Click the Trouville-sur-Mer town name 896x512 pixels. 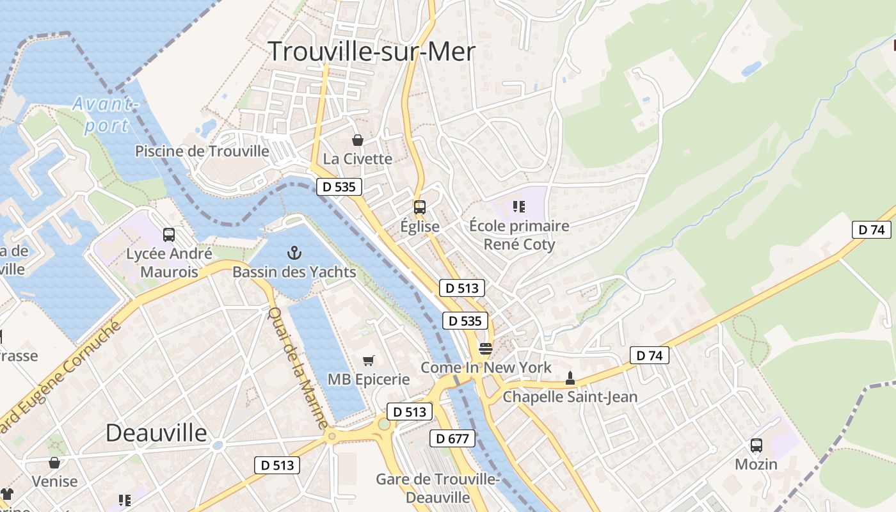(x=371, y=51)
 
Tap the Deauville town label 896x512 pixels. (x=156, y=433)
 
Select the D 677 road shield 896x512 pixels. (x=452, y=438)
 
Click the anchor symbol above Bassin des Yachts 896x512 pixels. (x=294, y=253)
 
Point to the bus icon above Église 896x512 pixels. (x=420, y=207)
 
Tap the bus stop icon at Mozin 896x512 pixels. (x=756, y=445)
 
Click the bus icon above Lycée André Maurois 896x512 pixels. (x=169, y=235)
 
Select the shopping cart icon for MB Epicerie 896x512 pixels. (x=368, y=361)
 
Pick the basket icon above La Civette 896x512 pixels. (x=358, y=140)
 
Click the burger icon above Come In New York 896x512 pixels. (x=486, y=349)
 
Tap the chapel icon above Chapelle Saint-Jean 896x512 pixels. (x=570, y=378)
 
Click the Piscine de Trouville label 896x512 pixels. (x=202, y=151)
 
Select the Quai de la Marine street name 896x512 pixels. (x=298, y=367)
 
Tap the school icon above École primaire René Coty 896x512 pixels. (x=519, y=207)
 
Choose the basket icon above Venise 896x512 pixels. (x=54, y=462)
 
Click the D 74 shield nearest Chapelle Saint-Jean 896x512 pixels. (x=649, y=355)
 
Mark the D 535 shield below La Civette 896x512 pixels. (x=339, y=187)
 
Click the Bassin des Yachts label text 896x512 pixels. (x=294, y=272)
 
